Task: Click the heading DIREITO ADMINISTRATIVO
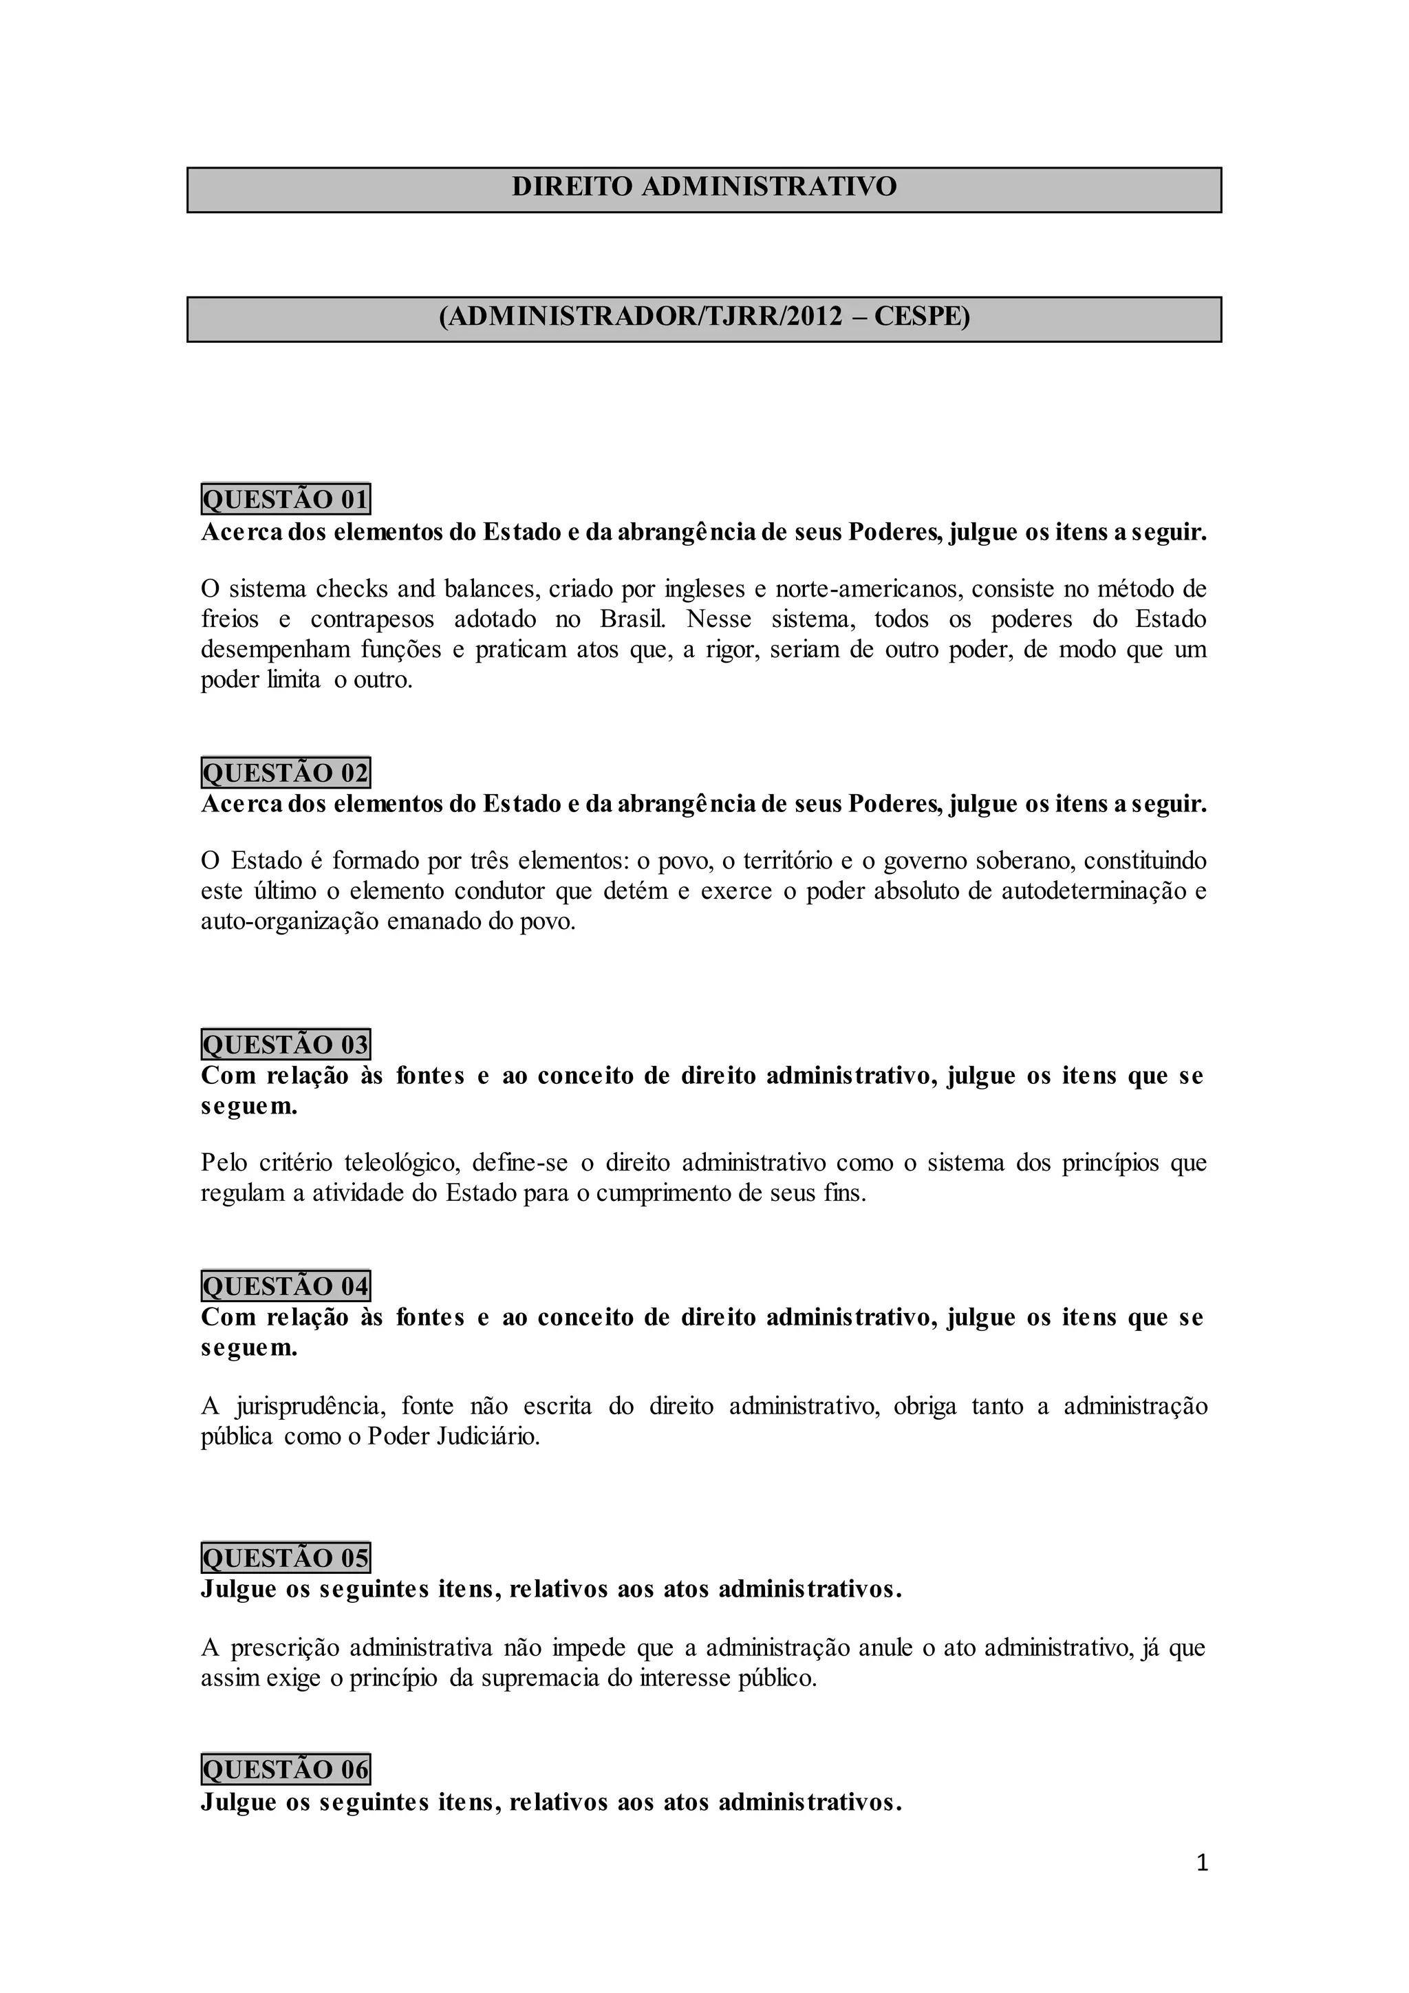pyautogui.click(x=704, y=187)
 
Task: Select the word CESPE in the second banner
pyautogui.click(x=921, y=317)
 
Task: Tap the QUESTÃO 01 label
pyautogui.click(x=286, y=500)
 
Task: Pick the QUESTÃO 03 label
pyautogui.click(x=286, y=1044)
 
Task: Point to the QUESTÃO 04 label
pyautogui.click(x=286, y=1286)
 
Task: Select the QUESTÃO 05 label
pyautogui.click(x=286, y=1558)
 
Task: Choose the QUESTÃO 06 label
pyautogui.click(x=286, y=1769)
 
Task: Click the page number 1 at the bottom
pyautogui.click(x=1202, y=1863)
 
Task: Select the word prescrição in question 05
pyautogui.click(x=282, y=1648)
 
